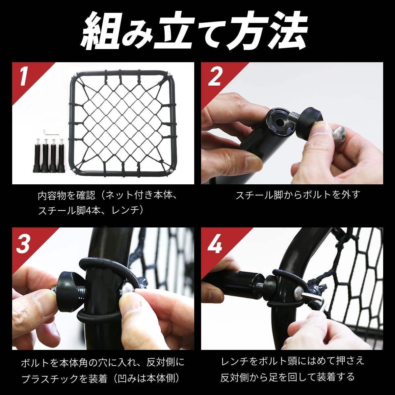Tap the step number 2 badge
(x=214, y=77)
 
